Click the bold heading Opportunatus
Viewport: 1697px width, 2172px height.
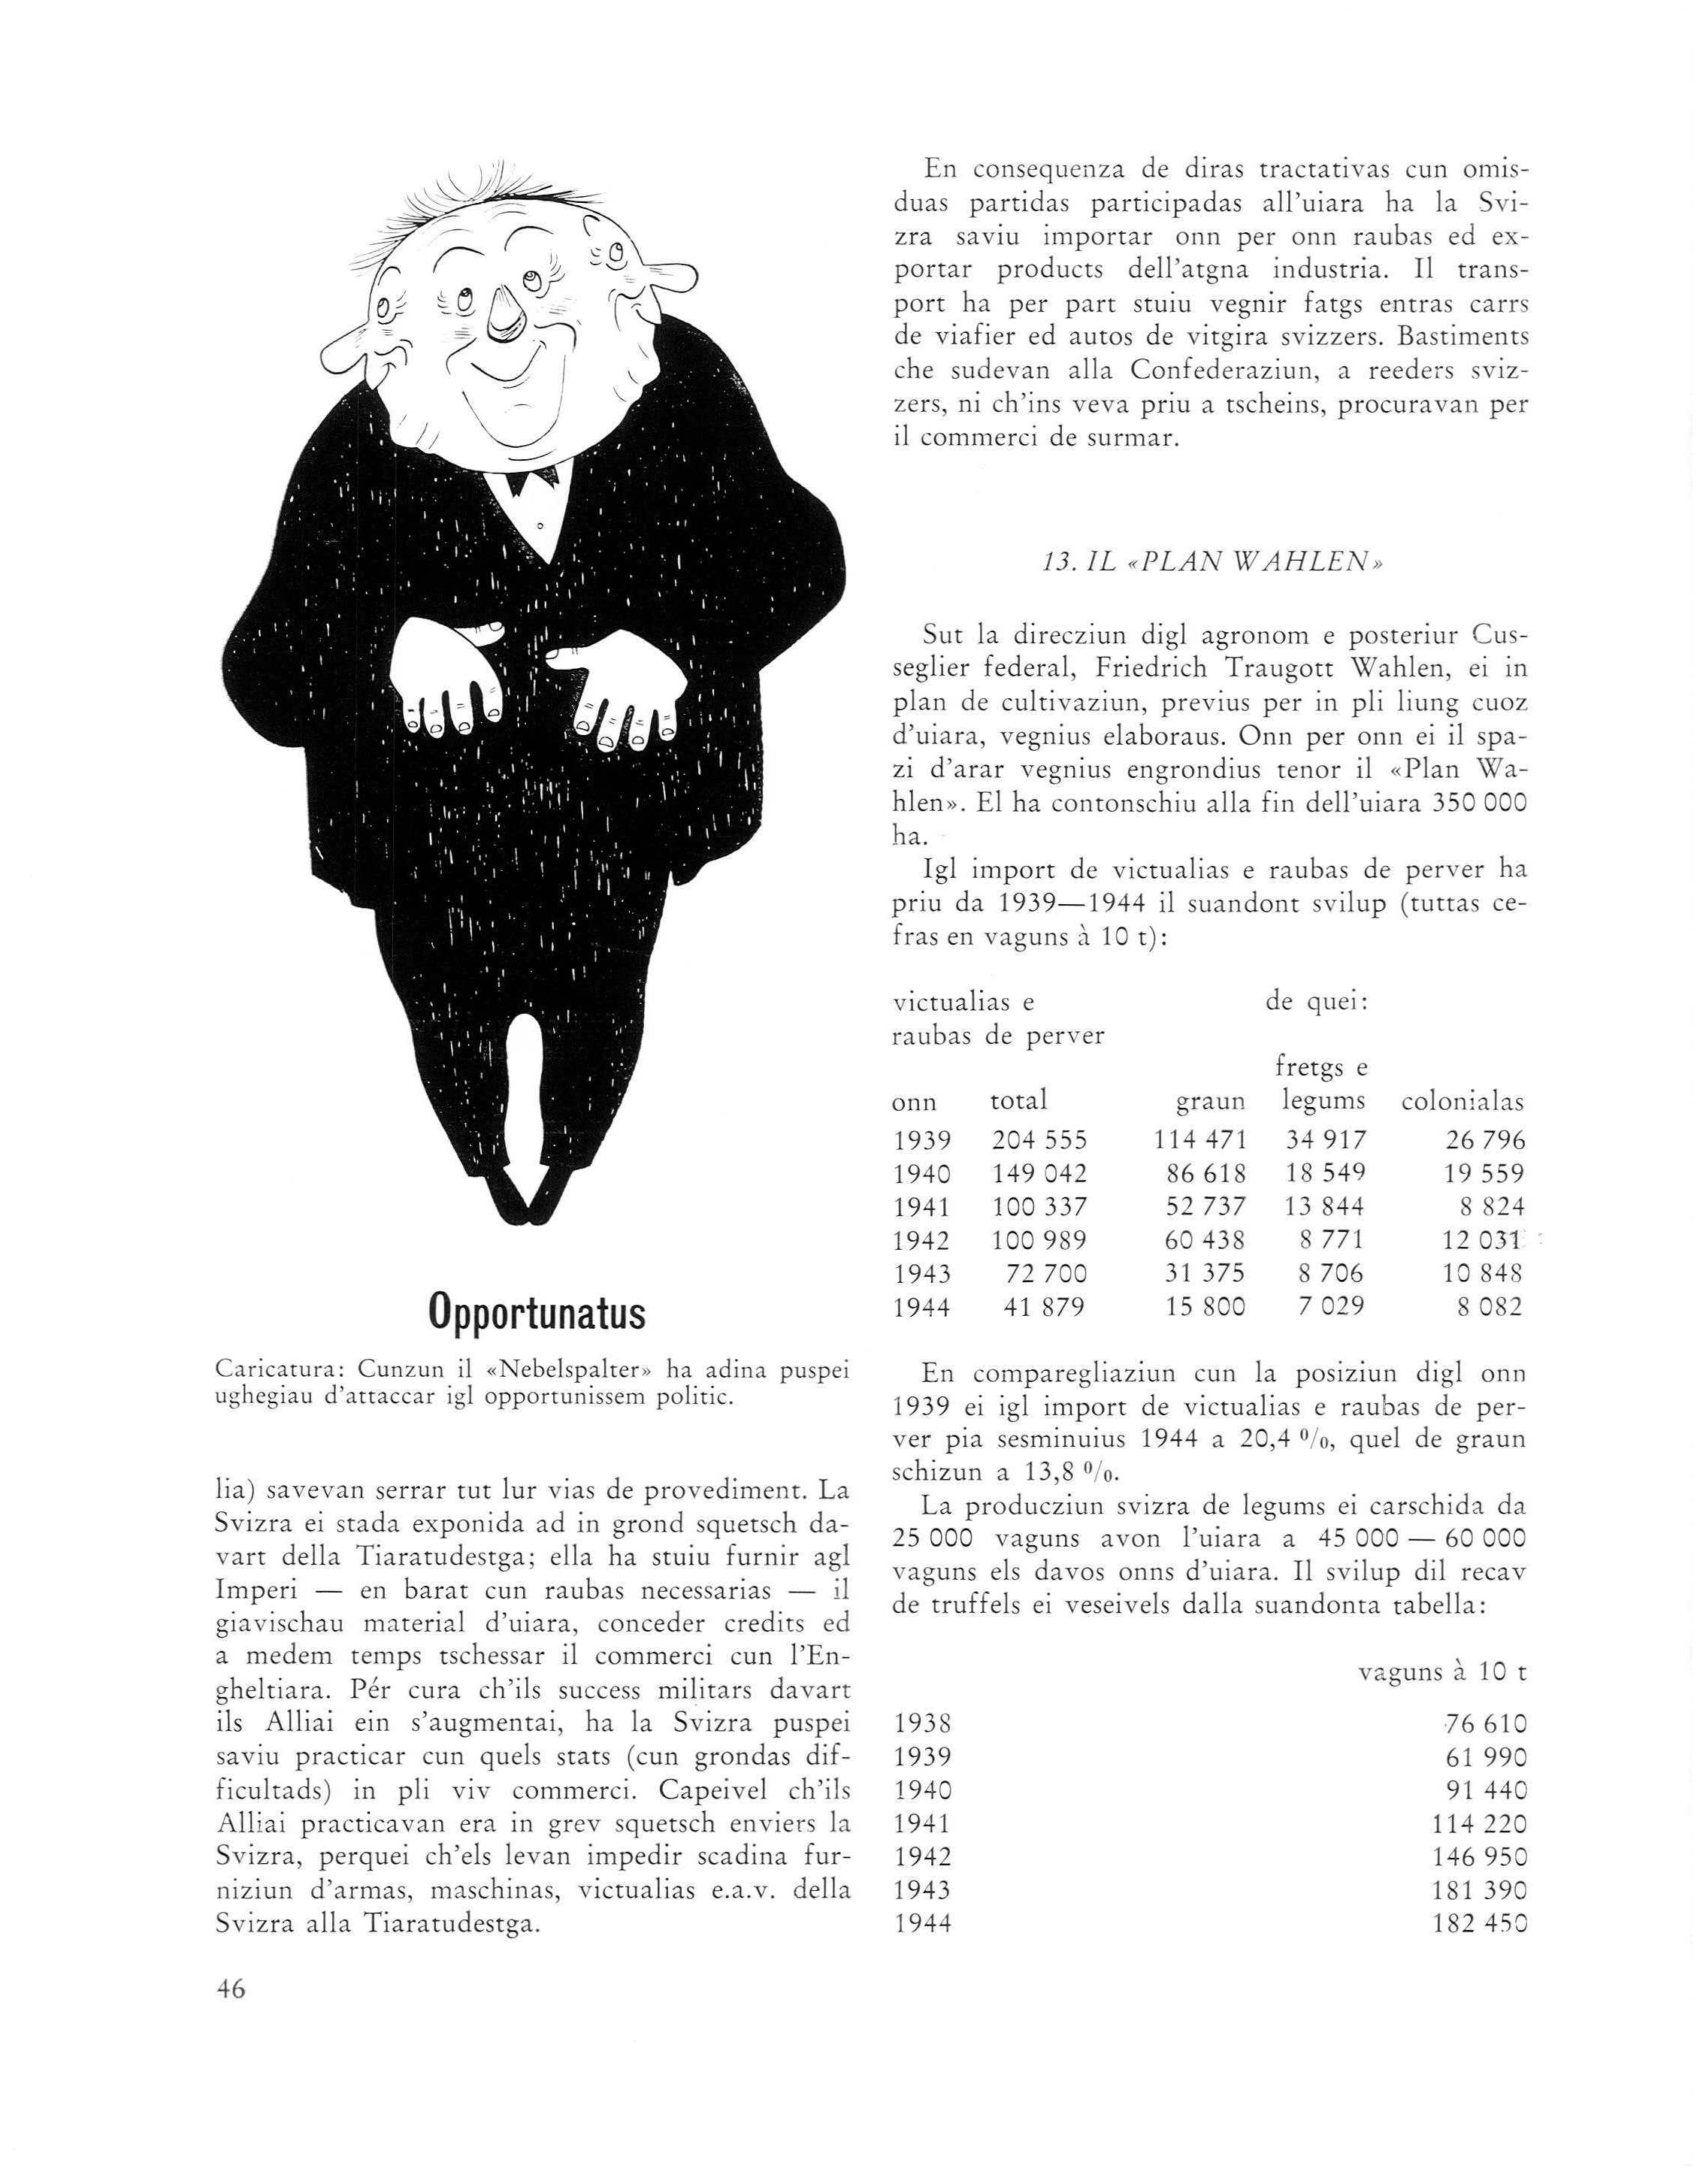(536, 1314)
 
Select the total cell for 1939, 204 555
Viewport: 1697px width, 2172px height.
(1039, 1141)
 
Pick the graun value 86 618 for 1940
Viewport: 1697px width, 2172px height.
(1205, 1175)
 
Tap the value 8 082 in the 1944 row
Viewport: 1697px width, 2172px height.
(1489, 1308)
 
